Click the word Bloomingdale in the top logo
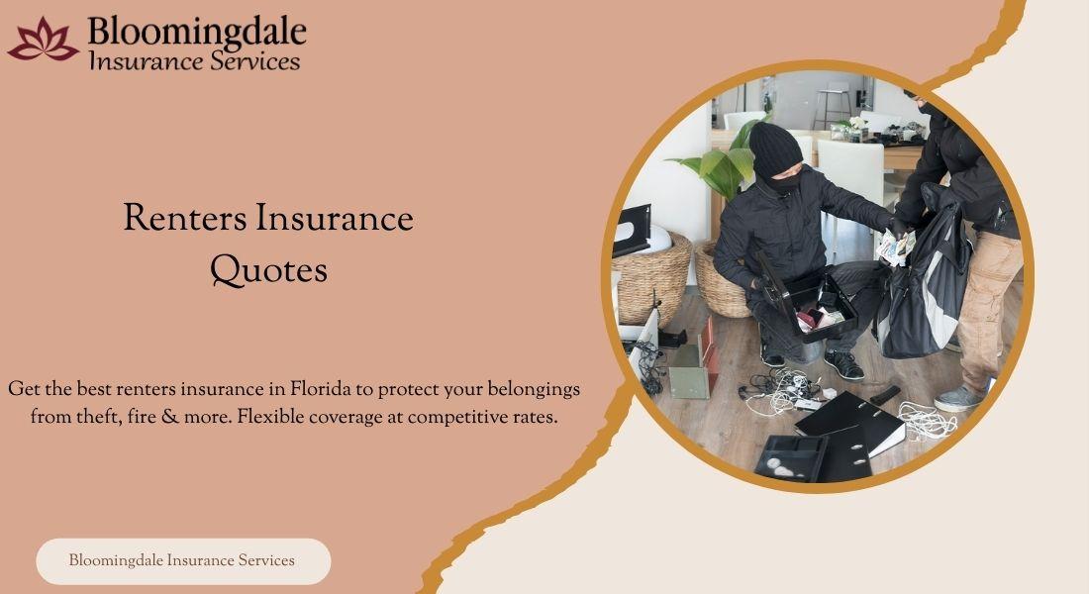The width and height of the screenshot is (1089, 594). [x=197, y=32]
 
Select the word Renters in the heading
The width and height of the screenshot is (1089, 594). [x=185, y=218]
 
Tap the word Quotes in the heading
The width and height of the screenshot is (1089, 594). [x=268, y=270]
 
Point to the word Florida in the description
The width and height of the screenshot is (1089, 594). [x=320, y=388]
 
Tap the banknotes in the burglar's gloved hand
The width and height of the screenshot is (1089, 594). [x=895, y=247]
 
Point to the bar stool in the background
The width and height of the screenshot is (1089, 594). [x=835, y=104]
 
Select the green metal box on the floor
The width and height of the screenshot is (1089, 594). [x=691, y=371]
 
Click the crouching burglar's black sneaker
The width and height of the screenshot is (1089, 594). [x=843, y=364]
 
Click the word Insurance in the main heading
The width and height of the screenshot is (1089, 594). [x=334, y=218]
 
